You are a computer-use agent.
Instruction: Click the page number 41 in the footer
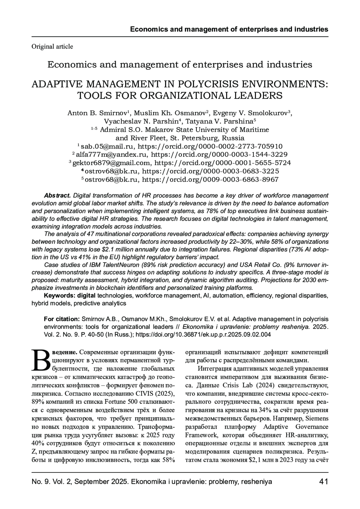coord(323,481)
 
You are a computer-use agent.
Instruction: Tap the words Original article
coord(52,46)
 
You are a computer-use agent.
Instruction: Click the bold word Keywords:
coord(60,296)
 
